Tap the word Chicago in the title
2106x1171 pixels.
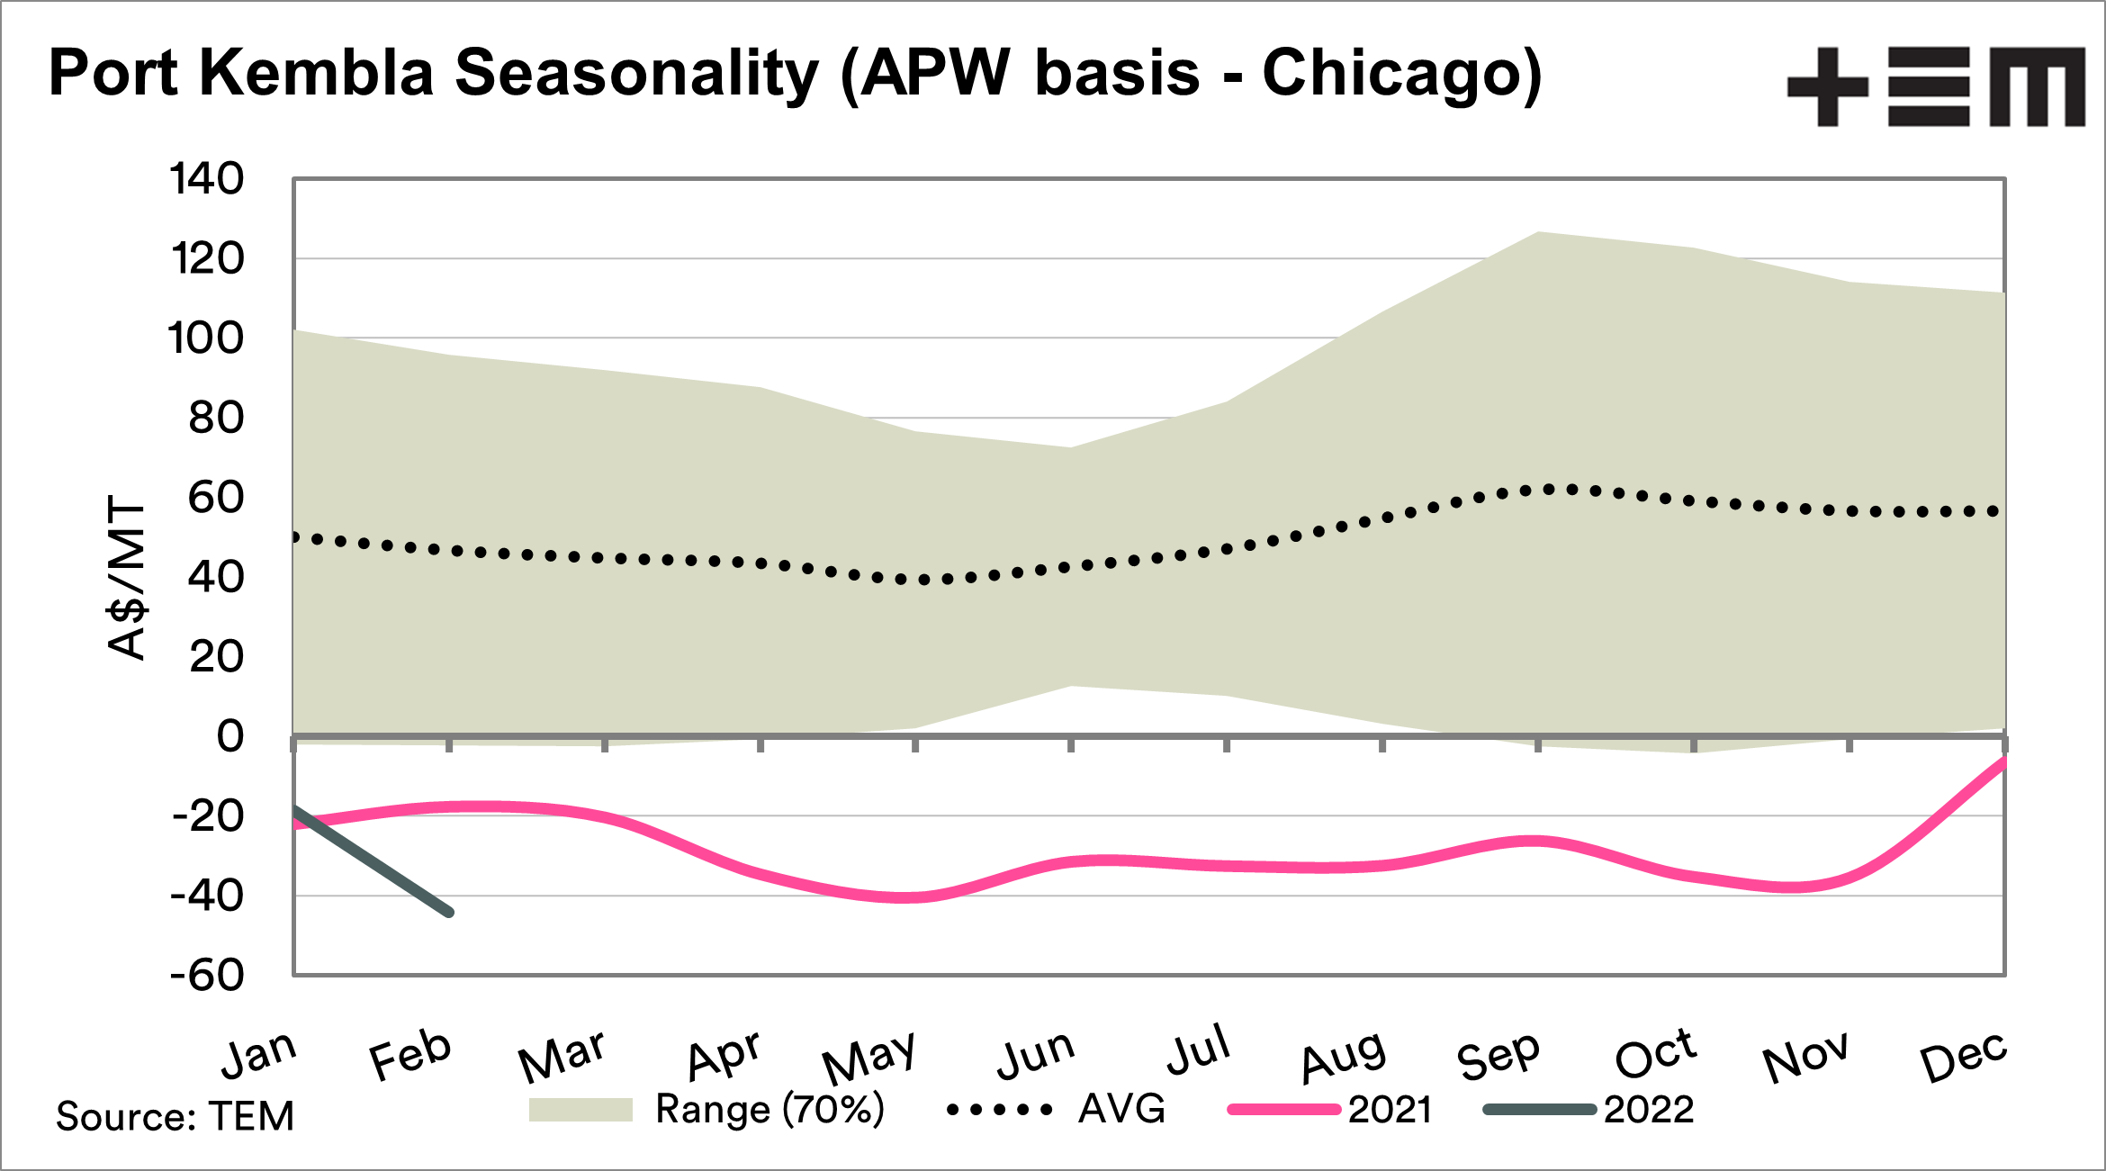pyautogui.click(x=1400, y=75)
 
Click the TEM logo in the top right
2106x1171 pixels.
pyautogui.click(x=1936, y=86)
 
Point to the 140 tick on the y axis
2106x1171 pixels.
pyautogui.click(x=206, y=179)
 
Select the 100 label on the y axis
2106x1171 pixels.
pyautogui.click(x=206, y=338)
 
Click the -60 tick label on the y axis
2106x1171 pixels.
pyautogui.click(x=207, y=976)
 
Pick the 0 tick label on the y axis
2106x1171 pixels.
pyautogui.click(x=230, y=736)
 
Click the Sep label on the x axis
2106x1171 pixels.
pyautogui.click(x=1498, y=1055)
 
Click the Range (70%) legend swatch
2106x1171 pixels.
pyautogui.click(x=580, y=1110)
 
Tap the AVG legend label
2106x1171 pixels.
pyautogui.click(x=1121, y=1110)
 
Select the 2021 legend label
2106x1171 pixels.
pyautogui.click(x=1390, y=1110)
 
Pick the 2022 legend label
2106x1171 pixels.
pyautogui.click(x=1649, y=1110)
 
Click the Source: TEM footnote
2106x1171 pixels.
pyautogui.click(x=175, y=1116)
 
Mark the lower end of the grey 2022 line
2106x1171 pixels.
pyautogui.click(x=450, y=913)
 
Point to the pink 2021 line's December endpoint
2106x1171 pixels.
pyautogui.click(x=2003, y=761)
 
